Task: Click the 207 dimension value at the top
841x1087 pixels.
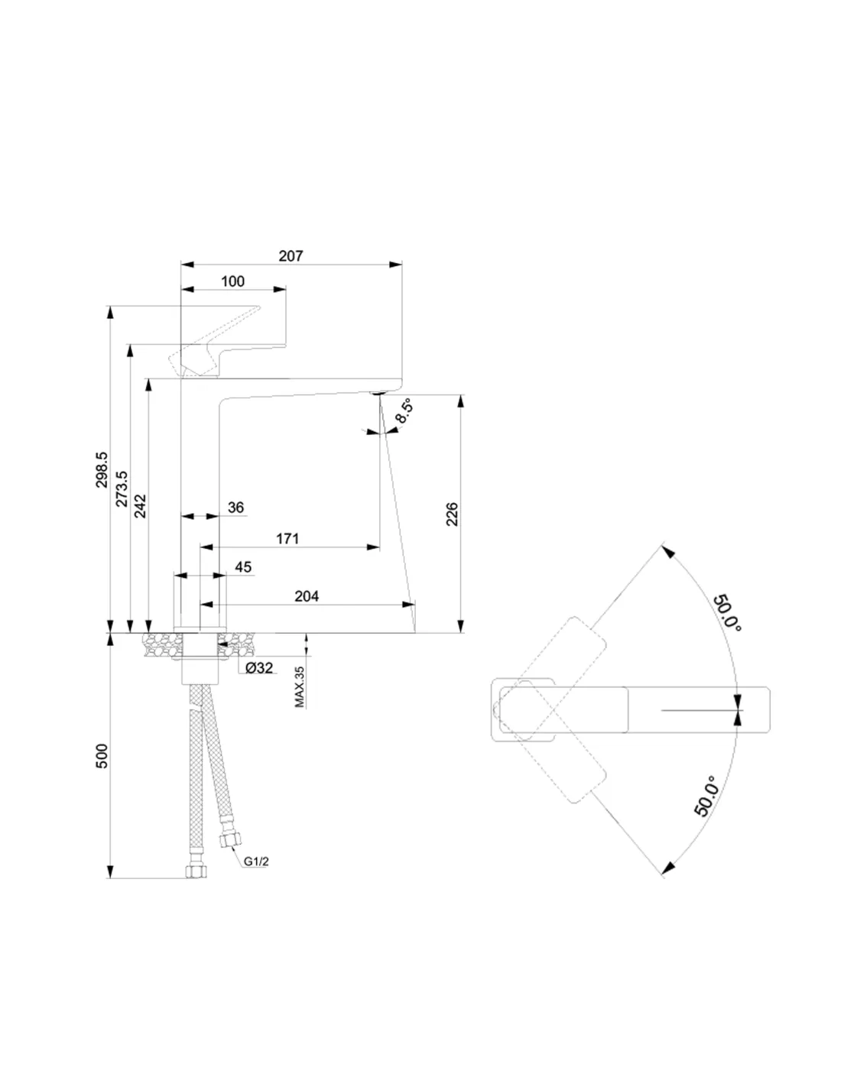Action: (291, 256)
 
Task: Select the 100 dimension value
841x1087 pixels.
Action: (232, 281)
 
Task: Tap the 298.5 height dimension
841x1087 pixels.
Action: (102, 471)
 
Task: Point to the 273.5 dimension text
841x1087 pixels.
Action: (122, 488)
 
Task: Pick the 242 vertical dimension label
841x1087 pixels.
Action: (140, 506)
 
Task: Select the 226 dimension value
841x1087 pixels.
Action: (452, 514)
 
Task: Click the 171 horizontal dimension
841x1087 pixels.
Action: (287, 539)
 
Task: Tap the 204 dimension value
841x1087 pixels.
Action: (307, 596)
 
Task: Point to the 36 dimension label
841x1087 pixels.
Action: (235, 508)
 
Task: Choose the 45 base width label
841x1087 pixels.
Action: (243, 567)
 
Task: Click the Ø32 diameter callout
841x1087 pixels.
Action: (259, 668)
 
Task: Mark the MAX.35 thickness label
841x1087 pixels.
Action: (299, 686)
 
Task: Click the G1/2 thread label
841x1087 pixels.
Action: (256, 861)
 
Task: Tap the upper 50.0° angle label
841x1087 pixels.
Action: (727, 612)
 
